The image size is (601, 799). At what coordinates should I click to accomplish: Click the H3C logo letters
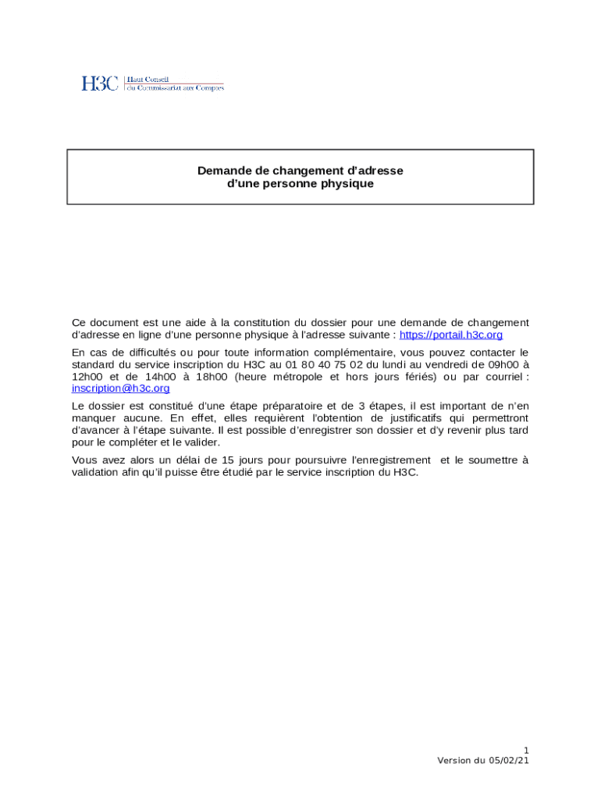(100, 83)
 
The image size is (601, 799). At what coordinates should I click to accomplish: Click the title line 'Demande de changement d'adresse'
(300, 170)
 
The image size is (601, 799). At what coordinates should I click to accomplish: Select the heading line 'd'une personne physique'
(300, 184)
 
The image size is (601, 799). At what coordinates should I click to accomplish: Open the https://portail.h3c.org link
(451, 335)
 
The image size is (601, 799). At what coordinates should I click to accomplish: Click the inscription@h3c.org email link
(120, 388)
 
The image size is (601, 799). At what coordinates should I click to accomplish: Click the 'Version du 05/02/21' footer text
(484, 760)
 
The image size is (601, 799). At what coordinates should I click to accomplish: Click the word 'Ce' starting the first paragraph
(78, 322)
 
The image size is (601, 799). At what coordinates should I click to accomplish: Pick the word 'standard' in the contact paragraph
(92, 364)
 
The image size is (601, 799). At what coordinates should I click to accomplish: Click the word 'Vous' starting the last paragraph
(84, 460)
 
